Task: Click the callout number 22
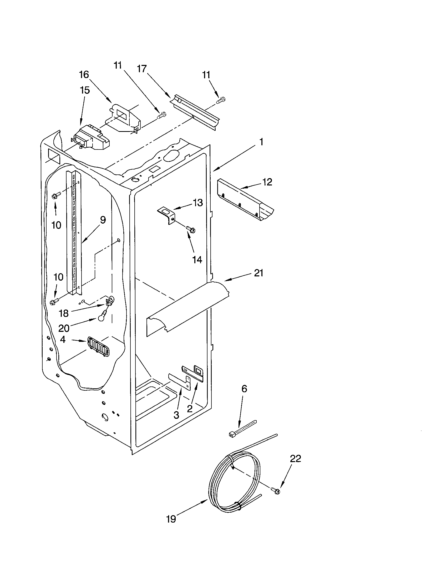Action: (295, 459)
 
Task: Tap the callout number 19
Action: (171, 519)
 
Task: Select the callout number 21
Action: (259, 273)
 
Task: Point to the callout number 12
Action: (267, 182)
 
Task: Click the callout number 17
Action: (142, 69)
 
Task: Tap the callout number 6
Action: (244, 389)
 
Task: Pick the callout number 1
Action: (261, 142)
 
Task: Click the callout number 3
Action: (176, 415)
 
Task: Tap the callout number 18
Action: (64, 313)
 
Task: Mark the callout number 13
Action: (197, 203)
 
